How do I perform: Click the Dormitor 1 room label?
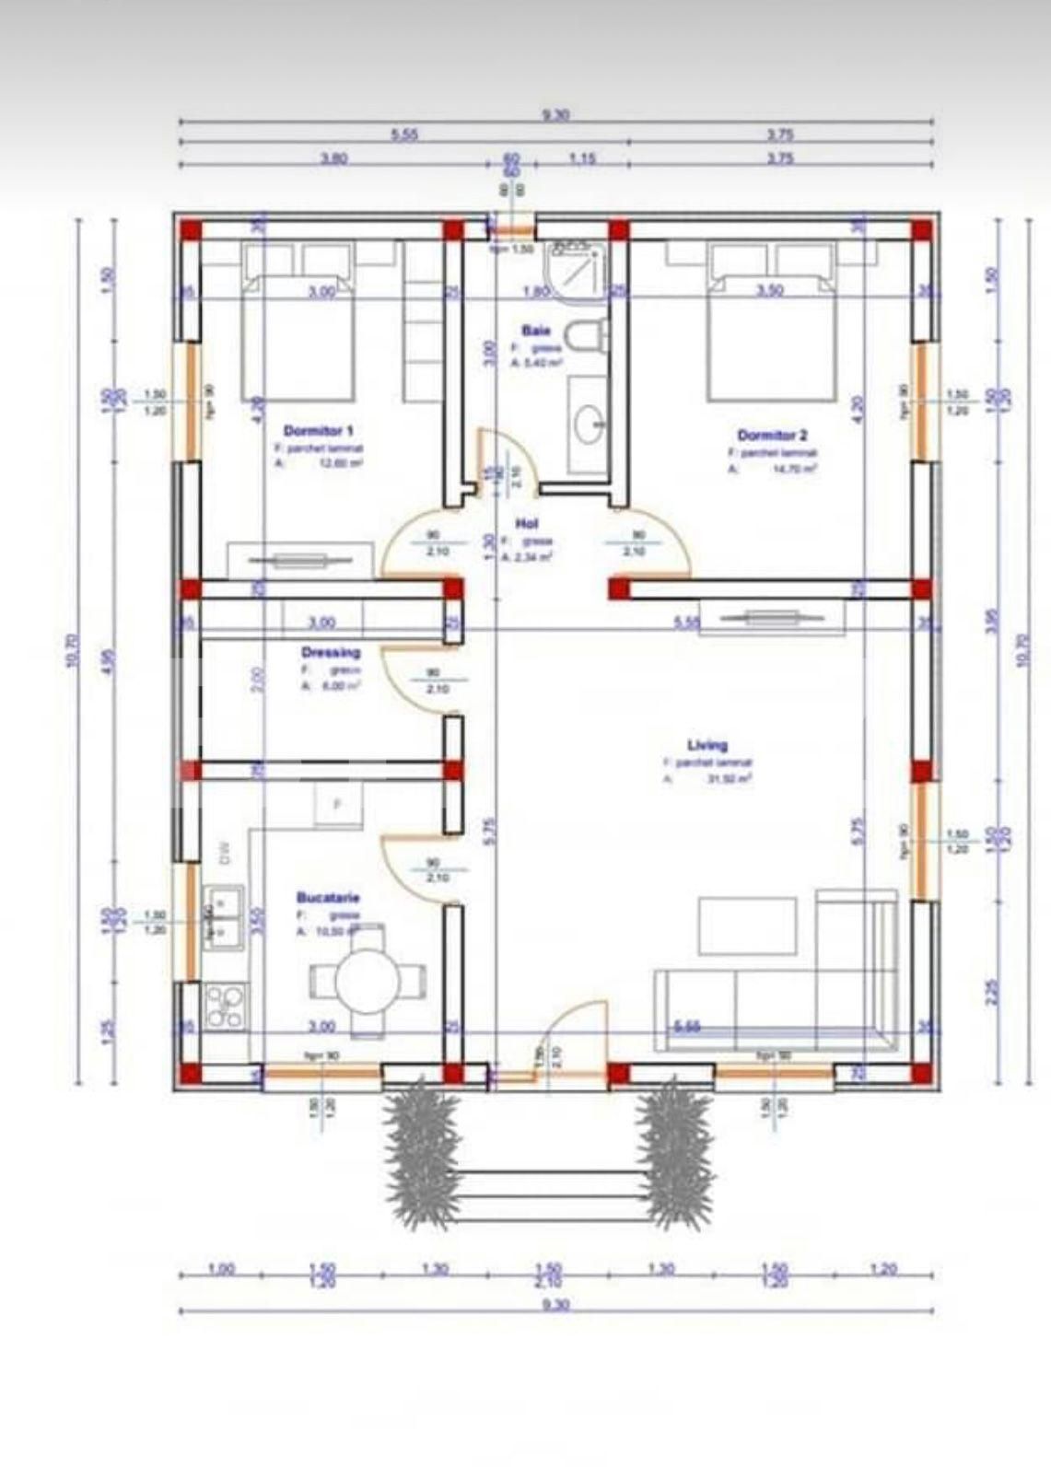(319, 431)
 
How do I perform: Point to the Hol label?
(526, 523)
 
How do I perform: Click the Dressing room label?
(331, 653)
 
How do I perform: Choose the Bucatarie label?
(328, 897)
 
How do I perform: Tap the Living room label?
(707, 745)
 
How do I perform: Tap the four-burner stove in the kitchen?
(226, 1006)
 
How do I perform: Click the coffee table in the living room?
(747, 926)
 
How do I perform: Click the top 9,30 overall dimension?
(555, 115)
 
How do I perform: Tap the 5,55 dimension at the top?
(404, 134)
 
